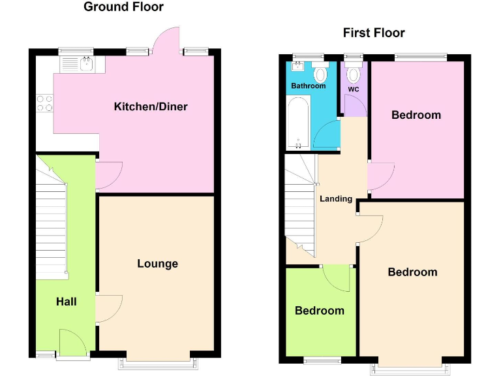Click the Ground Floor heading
click(x=123, y=7)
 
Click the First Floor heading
click(x=374, y=33)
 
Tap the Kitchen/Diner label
click(x=151, y=106)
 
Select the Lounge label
click(x=157, y=264)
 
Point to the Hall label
click(x=66, y=302)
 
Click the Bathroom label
click(x=308, y=86)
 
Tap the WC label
click(x=354, y=89)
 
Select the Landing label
click(x=336, y=198)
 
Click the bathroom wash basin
click(x=299, y=67)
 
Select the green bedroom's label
click(x=319, y=311)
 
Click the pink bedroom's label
click(x=416, y=115)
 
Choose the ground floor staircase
click(x=51, y=215)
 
